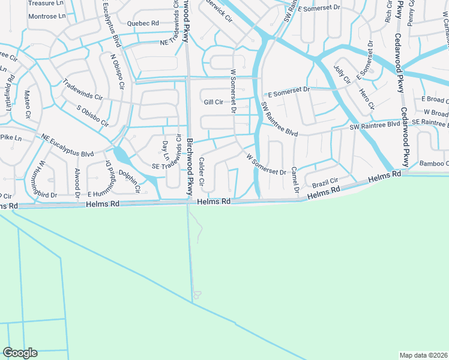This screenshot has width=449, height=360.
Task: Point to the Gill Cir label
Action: [x=213, y=103]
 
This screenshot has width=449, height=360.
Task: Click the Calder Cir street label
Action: [x=202, y=172]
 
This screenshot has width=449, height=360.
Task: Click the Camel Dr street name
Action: [x=295, y=181]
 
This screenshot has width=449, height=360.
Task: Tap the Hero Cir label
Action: [x=366, y=98]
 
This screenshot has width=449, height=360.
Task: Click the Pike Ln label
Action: [x=11, y=138]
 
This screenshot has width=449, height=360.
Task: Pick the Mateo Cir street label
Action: [x=27, y=103]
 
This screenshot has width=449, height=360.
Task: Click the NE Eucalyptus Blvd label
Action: [x=68, y=146]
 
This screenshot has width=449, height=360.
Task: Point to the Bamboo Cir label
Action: [x=433, y=163]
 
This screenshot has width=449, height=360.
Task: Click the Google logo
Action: [x=20, y=353]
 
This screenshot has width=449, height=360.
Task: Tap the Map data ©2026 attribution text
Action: [x=423, y=355]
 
